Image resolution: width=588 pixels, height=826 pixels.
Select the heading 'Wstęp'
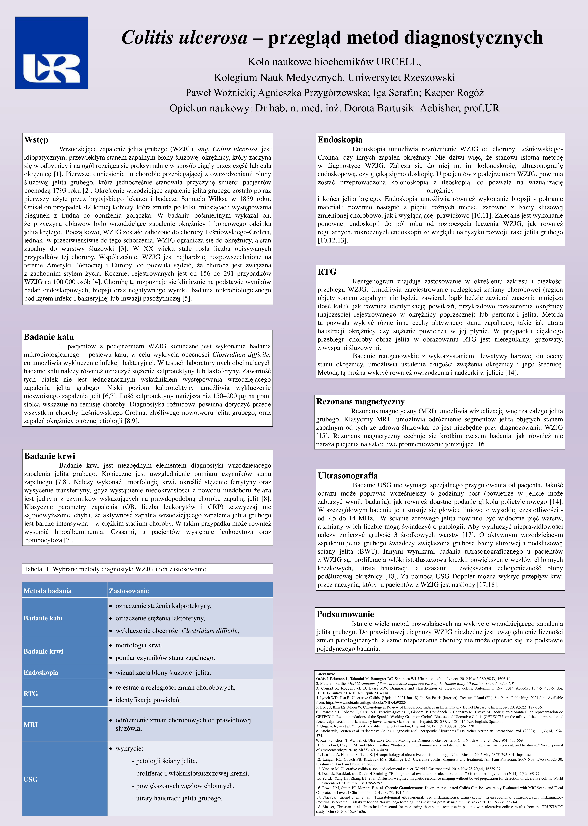(36, 140)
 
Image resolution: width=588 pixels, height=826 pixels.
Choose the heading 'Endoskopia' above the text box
(340, 140)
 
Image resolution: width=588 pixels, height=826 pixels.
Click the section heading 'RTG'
(327, 272)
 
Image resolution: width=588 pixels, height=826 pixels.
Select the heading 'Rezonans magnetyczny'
(360, 401)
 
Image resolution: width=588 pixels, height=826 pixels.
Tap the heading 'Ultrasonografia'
(348, 476)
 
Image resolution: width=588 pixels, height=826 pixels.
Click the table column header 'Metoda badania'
(47, 591)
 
